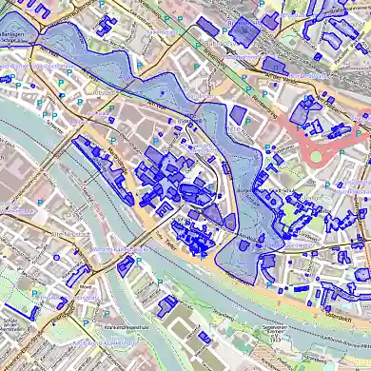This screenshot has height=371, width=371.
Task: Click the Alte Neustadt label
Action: [x=68, y=232]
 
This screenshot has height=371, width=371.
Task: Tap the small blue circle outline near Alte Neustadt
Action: [x=56, y=256]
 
